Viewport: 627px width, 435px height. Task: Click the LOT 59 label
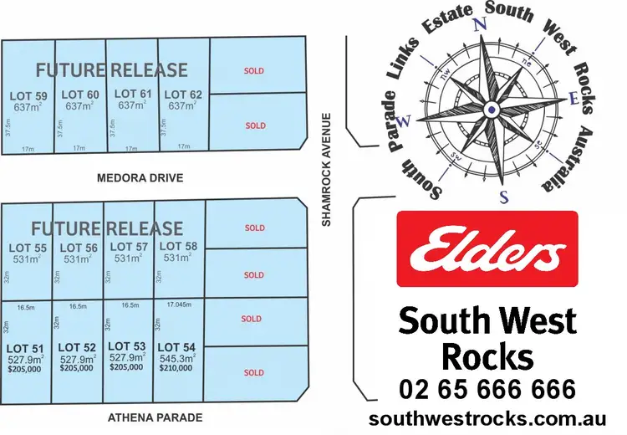click(x=28, y=95)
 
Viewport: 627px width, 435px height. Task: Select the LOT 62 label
click(x=183, y=95)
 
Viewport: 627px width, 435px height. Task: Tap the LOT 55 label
click(x=28, y=248)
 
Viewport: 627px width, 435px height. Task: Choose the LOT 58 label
click(x=177, y=246)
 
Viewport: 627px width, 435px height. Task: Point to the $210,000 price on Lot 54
click(x=176, y=368)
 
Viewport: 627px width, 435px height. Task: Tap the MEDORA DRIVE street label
click(x=140, y=178)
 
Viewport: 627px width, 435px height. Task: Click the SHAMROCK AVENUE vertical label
click(x=329, y=170)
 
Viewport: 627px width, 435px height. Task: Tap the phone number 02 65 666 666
click(x=487, y=389)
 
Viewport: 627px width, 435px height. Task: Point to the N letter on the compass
click(x=480, y=24)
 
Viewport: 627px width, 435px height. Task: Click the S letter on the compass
click(x=504, y=197)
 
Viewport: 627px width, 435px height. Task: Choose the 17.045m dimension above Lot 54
click(x=179, y=305)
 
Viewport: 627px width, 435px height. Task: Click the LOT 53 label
click(x=127, y=346)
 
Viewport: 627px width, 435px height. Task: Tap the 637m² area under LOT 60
click(x=79, y=106)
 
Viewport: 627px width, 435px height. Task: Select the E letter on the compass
click(x=573, y=99)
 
